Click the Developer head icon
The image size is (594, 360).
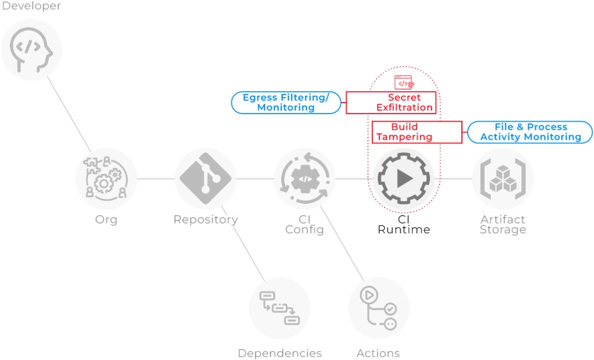[31, 50]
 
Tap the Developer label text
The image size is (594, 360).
[31, 6]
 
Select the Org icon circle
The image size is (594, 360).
[106, 179]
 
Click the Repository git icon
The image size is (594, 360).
[205, 179]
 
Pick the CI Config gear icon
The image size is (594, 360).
[304, 179]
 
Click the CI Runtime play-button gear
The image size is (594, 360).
[404, 179]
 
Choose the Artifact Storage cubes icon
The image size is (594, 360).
[503, 179]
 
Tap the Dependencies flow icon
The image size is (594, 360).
[279, 308]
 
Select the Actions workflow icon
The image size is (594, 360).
[378, 308]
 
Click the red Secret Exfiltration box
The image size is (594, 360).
[391, 103]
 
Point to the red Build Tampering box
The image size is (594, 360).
[416, 132]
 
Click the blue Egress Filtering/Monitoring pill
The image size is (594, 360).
[286, 103]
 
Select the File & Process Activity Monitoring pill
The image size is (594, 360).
[530, 132]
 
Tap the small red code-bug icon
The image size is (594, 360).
[404, 83]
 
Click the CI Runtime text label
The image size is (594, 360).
[404, 225]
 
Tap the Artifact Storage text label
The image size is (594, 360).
[503, 225]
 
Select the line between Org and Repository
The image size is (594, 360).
[155, 179]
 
